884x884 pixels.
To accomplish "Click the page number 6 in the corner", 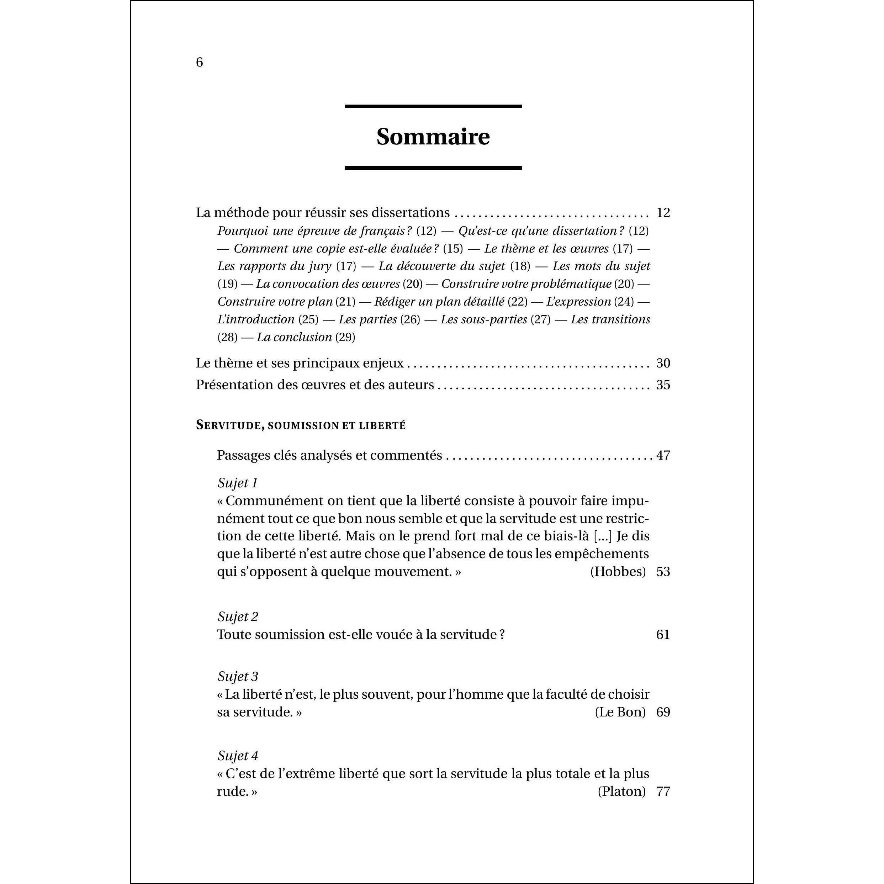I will (199, 62).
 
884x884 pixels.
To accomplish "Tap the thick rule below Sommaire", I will (433, 168).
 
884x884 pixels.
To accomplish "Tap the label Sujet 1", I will (238, 483).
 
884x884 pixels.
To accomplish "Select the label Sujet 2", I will (238, 617).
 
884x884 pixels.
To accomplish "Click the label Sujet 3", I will (238, 676).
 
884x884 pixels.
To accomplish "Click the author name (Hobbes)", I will (618, 572).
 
